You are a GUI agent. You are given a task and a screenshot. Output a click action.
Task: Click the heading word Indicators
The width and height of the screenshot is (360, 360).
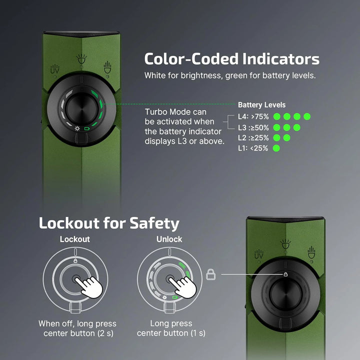281,59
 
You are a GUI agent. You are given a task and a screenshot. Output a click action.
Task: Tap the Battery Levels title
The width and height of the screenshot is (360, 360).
261,105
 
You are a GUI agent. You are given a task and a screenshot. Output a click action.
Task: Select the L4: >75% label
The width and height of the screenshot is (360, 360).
253,116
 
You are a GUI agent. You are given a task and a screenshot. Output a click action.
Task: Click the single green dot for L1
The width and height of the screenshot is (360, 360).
276,148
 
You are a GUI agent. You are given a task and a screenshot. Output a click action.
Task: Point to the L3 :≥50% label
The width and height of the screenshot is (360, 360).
253,127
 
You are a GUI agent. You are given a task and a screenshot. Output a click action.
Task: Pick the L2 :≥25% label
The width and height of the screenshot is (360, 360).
253,138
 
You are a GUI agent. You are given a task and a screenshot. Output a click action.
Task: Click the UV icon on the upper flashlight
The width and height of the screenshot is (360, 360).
55,69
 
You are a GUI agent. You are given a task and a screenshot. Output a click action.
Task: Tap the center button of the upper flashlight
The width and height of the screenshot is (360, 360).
81,108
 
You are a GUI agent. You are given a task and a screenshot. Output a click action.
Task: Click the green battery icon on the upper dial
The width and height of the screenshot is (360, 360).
87,128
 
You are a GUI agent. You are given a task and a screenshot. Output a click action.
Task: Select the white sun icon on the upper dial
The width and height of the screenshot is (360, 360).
77,128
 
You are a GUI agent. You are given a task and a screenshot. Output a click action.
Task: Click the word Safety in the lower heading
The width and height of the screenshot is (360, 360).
154,223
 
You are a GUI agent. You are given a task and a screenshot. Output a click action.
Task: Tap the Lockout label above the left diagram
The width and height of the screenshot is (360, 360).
75,239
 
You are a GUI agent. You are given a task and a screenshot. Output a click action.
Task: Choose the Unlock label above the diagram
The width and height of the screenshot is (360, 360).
169,239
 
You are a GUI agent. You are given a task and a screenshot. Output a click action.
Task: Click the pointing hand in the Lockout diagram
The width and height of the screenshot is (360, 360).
89,287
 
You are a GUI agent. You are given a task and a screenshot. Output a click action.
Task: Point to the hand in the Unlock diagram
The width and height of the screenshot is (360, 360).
183,287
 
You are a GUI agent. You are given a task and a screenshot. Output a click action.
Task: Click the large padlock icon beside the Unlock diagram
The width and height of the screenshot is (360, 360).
211,274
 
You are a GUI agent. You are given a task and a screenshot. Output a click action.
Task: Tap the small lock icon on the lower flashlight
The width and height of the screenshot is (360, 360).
285,274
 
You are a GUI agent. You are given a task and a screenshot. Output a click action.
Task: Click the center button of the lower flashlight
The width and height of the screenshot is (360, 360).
285,294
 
